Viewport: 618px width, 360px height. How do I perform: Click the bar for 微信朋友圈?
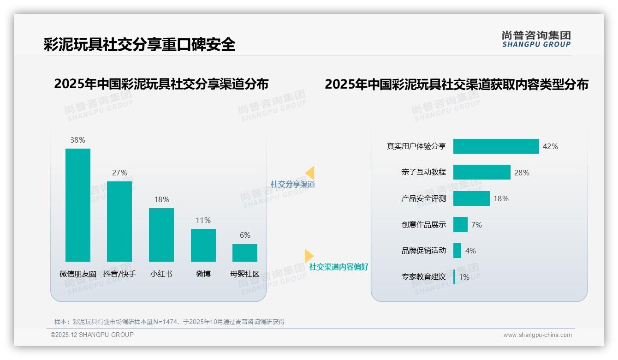click(x=78, y=205)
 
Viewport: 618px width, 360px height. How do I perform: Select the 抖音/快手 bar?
click(x=119, y=222)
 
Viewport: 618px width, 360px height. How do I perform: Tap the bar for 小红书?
click(x=161, y=234)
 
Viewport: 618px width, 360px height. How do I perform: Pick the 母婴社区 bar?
click(x=245, y=253)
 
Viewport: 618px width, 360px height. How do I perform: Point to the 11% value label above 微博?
click(x=203, y=220)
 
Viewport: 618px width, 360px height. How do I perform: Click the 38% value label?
click(x=78, y=140)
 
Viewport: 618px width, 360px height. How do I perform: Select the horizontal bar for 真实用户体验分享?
click(x=496, y=146)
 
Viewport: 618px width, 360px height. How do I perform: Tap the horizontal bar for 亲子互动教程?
click(x=481, y=172)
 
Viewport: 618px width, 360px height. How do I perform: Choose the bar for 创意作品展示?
click(x=460, y=225)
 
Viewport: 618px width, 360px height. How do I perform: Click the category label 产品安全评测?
click(x=423, y=198)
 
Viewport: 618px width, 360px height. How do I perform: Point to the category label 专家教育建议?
click(x=423, y=277)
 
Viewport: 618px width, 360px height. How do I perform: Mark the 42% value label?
click(x=550, y=146)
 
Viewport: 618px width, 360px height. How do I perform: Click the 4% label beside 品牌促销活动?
click(x=470, y=251)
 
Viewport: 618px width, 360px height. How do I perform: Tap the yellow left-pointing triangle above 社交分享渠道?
click(x=310, y=173)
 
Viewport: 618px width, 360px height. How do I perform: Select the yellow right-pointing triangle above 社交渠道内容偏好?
click(x=309, y=256)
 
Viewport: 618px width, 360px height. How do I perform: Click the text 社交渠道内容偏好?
click(x=339, y=267)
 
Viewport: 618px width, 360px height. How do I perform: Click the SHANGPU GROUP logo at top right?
click(x=536, y=39)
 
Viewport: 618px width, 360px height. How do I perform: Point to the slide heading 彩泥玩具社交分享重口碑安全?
click(x=139, y=44)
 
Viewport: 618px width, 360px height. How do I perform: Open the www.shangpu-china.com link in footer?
click(x=537, y=335)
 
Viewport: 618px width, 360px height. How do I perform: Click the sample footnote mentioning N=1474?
click(x=169, y=322)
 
